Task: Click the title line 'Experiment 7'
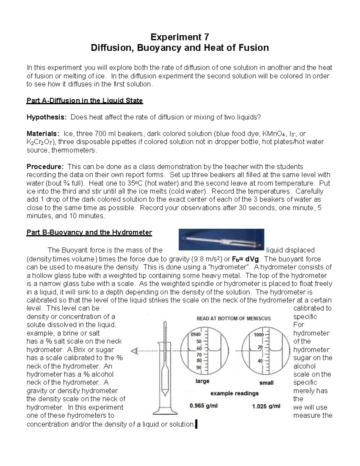pyautogui.click(x=180, y=37)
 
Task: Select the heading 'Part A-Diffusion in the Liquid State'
pyautogui.click(x=85, y=101)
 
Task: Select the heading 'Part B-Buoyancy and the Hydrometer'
pyautogui.click(x=89, y=232)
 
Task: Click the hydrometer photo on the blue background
pyautogui.click(x=221, y=239)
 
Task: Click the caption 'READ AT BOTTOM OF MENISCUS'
pyautogui.click(x=233, y=318)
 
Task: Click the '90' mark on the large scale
pyautogui.click(x=199, y=367)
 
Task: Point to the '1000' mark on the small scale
pyautogui.click(x=258, y=335)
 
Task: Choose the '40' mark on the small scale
pyautogui.click(x=260, y=361)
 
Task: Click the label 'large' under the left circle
pyautogui.click(x=202, y=381)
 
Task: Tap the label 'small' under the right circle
pyautogui.click(x=266, y=383)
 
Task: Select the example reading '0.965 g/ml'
pyautogui.click(x=204, y=406)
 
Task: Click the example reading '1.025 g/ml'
pyautogui.click(x=266, y=406)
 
